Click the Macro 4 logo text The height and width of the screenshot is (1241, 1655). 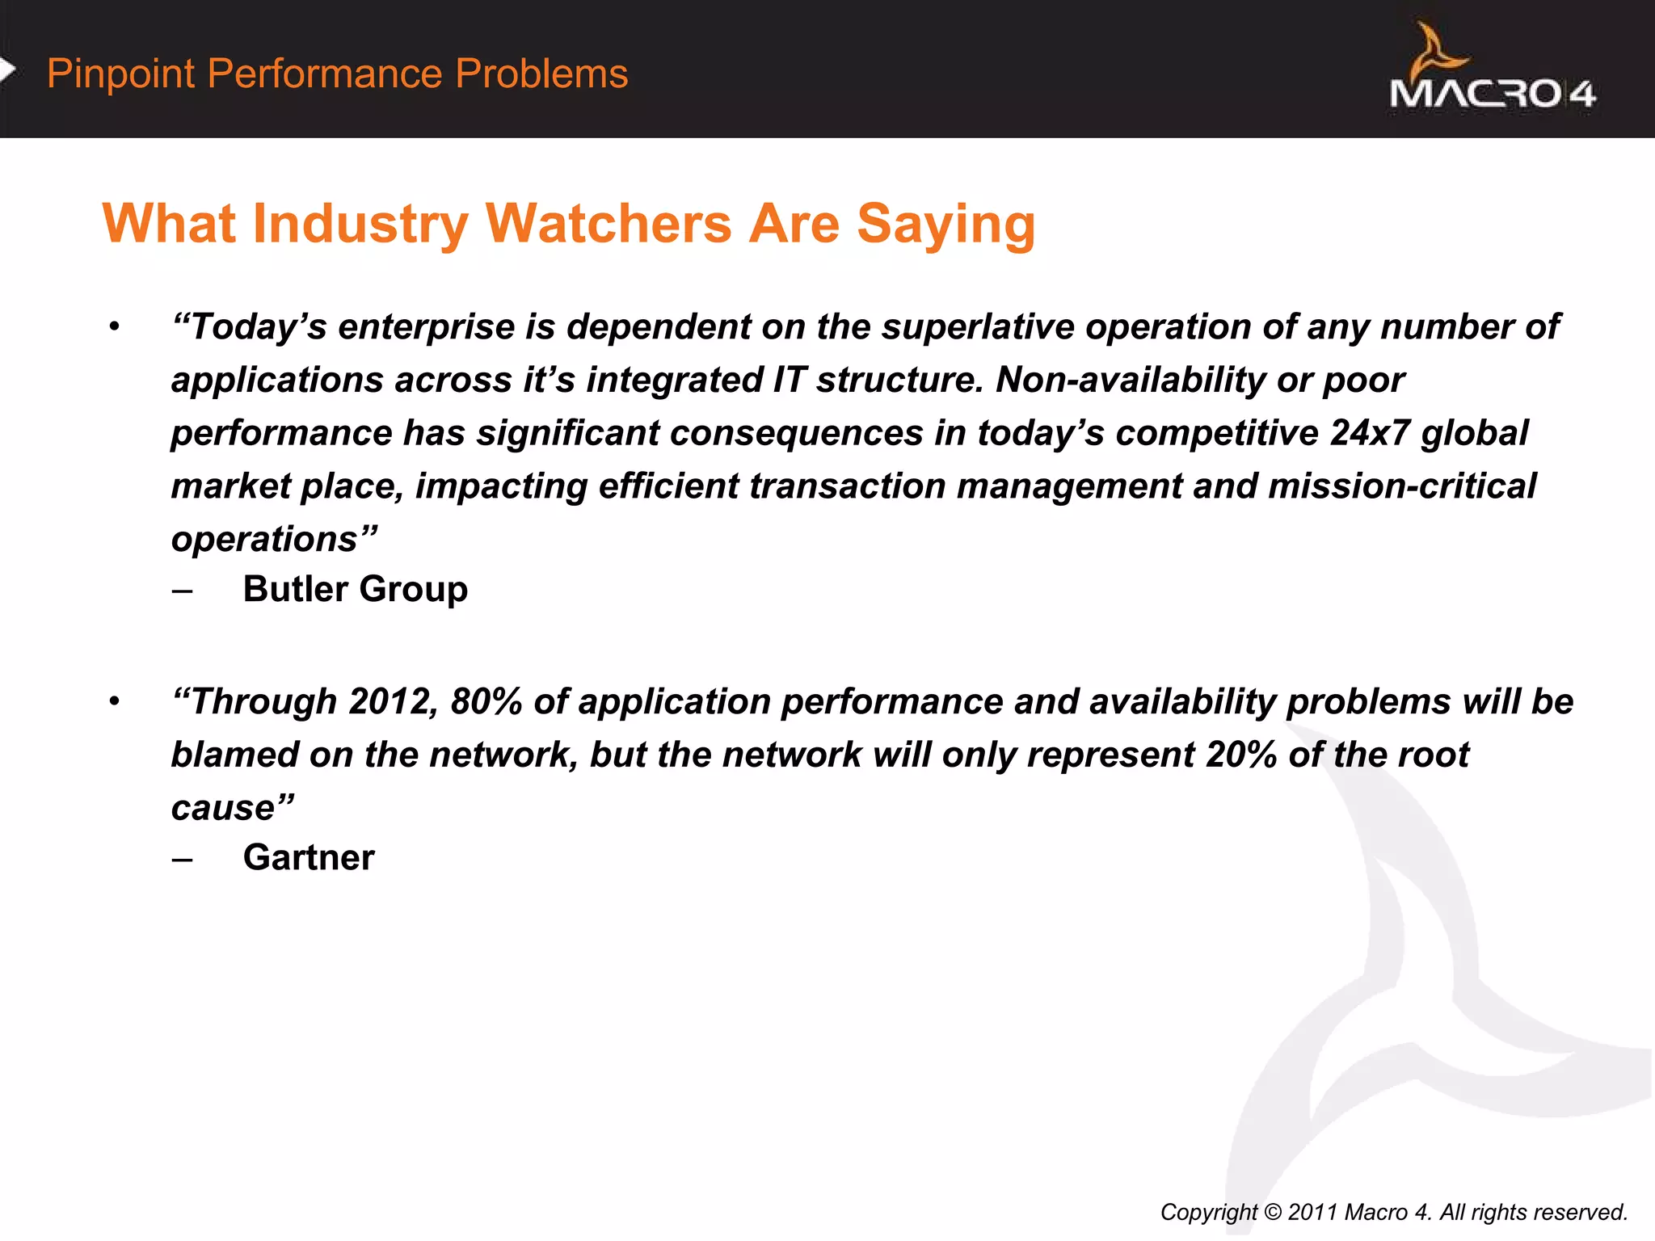tap(1492, 95)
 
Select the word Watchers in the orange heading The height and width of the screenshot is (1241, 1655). tap(608, 224)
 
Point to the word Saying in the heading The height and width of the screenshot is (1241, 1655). tap(945, 224)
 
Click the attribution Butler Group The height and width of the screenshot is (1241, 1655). tap(356, 589)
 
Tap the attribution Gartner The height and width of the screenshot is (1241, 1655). tap(309, 857)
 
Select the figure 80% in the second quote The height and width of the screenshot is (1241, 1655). tap(486, 701)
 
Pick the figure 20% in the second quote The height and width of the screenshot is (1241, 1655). tap(1241, 755)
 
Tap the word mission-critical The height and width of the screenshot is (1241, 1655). tap(1402, 486)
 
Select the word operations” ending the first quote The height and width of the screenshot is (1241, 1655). tap(274, 540)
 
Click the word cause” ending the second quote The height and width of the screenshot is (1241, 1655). tap(233, 808)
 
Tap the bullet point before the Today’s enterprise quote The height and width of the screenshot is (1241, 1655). tap(115, 327)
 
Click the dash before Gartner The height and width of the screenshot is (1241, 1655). tap(183, 858)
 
